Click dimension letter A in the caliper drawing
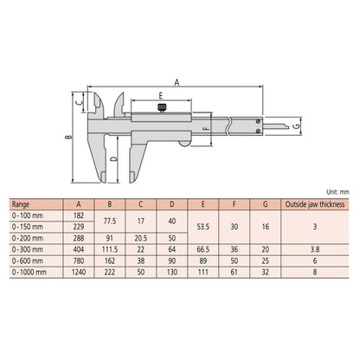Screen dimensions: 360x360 pyautogui.click(x=176, y=81)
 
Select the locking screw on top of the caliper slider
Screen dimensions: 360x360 pyautogui.click(x=160, y=108)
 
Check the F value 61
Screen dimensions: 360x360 pyautogui.click(x=234, y=270)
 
